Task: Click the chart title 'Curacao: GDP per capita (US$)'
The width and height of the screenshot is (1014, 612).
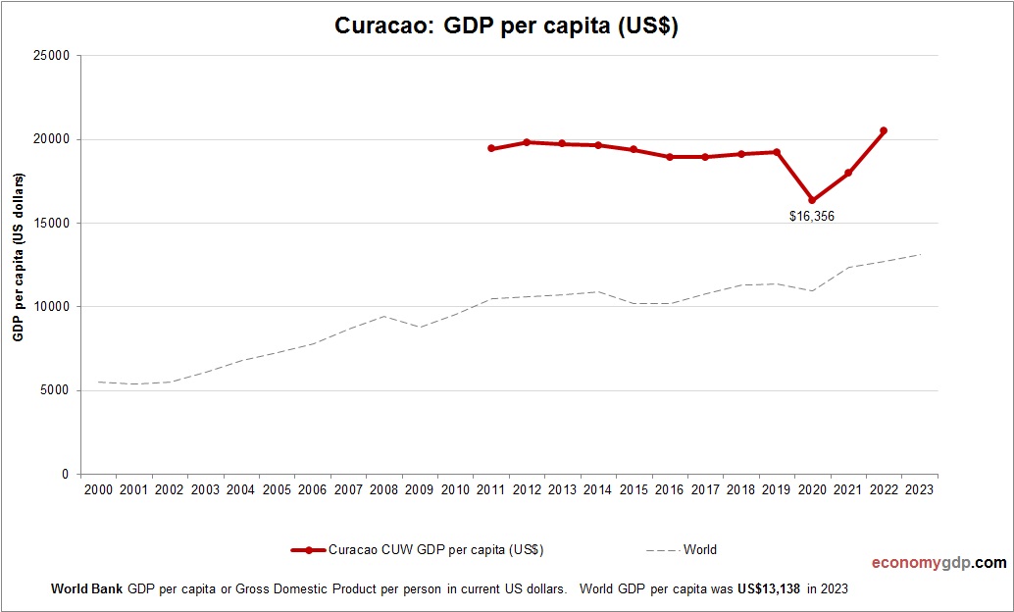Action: point(507,26)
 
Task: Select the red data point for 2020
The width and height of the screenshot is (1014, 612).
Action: point(812,200)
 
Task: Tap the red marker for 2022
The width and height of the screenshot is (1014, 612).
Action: point(884,130)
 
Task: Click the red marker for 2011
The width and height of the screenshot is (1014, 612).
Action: point(491,149)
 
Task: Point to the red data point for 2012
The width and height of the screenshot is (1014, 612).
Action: point(527,142)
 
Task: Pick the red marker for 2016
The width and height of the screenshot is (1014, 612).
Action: point(670,157)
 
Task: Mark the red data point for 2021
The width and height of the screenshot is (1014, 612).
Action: point(848,173)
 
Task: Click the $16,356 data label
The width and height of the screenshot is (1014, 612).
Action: point(812,217)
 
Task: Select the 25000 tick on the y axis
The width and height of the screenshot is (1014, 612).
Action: point(52,56)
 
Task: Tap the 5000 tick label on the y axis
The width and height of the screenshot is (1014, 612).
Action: point(55,390)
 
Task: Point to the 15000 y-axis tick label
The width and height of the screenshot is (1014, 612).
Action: point(52,224)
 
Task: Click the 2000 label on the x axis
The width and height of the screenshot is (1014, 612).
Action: point(98,489)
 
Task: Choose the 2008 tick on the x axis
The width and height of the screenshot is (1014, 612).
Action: point(383,489)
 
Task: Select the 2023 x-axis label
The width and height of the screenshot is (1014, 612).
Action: point(920,489)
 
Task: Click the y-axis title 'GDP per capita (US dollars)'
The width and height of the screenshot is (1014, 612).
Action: point(18,257)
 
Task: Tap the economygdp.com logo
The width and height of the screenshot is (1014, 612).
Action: point(938,563)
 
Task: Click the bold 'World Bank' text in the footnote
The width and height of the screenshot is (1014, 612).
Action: point(86,590)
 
